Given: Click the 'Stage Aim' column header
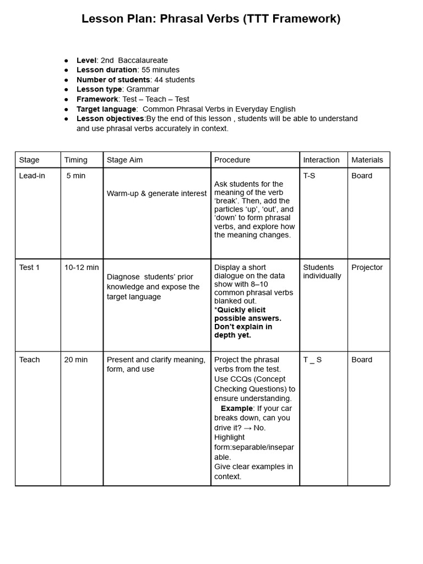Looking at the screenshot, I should (124, 160).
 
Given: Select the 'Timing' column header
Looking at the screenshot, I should (76, 160).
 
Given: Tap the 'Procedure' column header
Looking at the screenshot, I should (232, 160).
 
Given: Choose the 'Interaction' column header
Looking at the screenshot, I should (321, 160).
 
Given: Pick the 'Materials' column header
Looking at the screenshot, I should (367, 160).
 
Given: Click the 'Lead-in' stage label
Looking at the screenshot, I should (32, 176).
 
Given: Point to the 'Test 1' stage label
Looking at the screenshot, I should (30, 268).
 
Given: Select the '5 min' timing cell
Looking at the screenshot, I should (76, 176).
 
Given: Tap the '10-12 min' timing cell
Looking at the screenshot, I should (82, 268).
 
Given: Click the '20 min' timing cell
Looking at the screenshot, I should (76, 360).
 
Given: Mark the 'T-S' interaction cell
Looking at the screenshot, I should (309, 176).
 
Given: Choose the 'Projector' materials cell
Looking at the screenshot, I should (367, 268).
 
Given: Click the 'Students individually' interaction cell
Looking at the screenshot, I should (322, 272).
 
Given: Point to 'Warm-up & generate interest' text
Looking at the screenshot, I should (156, 193).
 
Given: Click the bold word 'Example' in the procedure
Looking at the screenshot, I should (237, 409).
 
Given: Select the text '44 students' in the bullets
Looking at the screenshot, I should (175, 80).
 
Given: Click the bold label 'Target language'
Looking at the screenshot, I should (106, 109).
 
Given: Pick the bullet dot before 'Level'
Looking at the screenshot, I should (67, 61).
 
